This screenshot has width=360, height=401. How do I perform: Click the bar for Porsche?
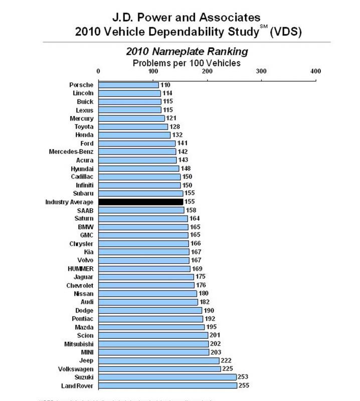[128, 85]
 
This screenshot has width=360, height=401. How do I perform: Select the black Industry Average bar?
[140, 202]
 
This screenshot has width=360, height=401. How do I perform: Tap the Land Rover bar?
[167, 385]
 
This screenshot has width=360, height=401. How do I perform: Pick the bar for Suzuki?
[167, 377]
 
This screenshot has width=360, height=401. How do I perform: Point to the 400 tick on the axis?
[315, 71]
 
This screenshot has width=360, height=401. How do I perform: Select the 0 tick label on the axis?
[99, 71]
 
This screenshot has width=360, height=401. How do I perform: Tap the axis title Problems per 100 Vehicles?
[187, 63]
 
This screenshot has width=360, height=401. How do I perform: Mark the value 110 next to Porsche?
[165, 85]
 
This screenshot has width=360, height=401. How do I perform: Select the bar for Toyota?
[133, 127]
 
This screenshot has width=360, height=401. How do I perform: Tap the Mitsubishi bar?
[153, 344]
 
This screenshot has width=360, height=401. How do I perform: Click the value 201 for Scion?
[216, 335]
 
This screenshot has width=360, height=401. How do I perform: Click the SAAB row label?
[85, 211]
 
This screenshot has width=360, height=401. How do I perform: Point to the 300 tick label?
[261, 71]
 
